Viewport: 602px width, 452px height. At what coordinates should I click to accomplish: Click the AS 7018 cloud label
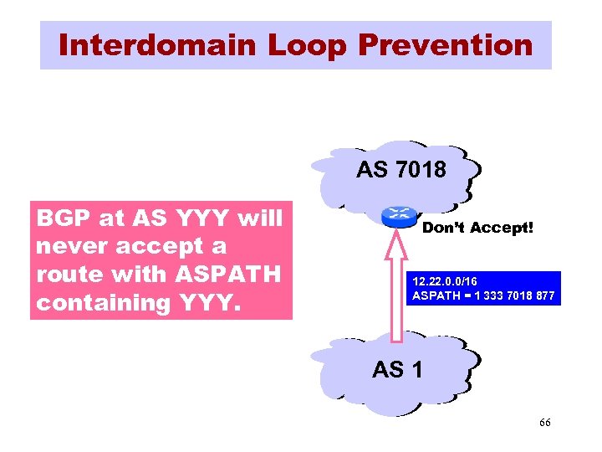[400, 170]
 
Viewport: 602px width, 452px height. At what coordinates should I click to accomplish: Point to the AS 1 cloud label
[397, 368]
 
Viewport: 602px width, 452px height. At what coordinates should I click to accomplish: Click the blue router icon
[399, 215]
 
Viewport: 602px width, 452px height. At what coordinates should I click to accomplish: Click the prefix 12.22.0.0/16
[444, 282]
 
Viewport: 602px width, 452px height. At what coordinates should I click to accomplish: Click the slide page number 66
[544, 424]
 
